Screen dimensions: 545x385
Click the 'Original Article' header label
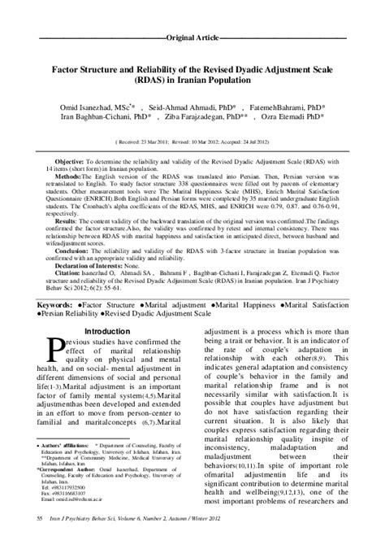coord(192,38)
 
